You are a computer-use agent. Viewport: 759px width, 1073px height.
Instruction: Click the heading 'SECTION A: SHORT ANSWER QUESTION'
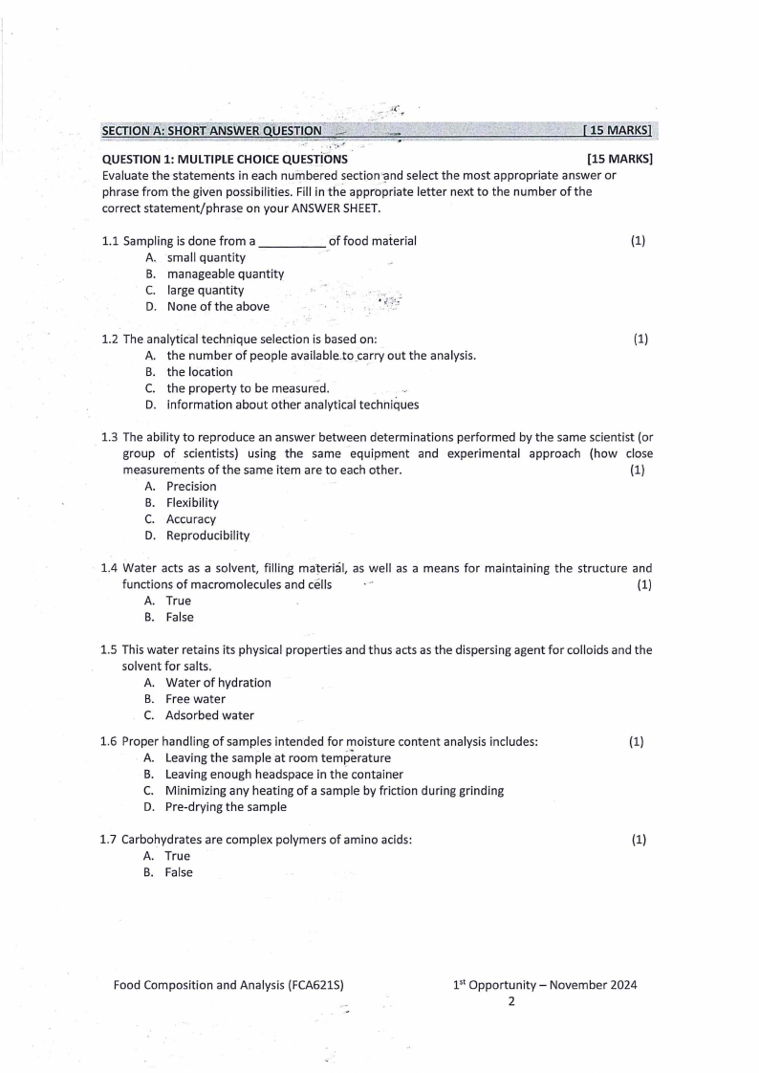coord(211,130)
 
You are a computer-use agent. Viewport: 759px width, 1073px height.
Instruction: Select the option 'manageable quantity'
coord(225,274)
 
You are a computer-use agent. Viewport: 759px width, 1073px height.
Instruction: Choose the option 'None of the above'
coord(217,307)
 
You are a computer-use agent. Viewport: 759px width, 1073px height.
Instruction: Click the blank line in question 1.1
coord(293,242)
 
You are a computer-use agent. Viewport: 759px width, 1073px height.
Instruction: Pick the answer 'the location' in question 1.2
coord(199,372)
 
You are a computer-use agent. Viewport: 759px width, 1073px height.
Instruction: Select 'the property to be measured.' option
coord(248,388)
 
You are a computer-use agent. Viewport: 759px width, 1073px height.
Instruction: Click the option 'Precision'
coord(191,487)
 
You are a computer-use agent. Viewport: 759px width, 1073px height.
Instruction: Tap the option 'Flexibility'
coord(192,503)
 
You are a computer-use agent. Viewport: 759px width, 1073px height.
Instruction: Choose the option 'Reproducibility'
coord(207,536)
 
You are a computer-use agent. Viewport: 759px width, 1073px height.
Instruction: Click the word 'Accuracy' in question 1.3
coord(191,519)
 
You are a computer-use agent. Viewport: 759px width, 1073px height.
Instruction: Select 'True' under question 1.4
coord(178,602)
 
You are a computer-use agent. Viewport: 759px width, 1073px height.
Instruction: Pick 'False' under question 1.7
coord(178,873)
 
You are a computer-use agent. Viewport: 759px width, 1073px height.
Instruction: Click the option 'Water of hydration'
coord(218,683)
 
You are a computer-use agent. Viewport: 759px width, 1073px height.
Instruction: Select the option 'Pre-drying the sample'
coord(226,807)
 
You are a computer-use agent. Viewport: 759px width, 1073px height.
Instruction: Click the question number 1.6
coord(109,742)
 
